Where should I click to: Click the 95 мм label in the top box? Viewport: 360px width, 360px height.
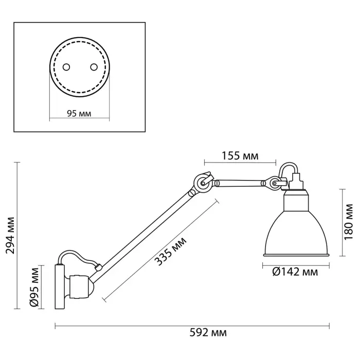[x=80, y=114]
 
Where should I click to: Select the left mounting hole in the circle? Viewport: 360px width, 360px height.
[x=66, y=67]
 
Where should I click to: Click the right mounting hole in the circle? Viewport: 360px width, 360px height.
[x=93, y=67]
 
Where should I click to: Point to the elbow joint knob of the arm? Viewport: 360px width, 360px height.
[x=202, y=182]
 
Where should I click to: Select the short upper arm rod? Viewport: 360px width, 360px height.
[x=239, y=182]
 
